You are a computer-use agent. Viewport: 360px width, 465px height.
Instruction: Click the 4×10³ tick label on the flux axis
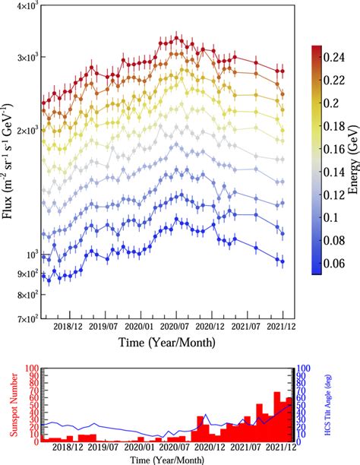[27, 6]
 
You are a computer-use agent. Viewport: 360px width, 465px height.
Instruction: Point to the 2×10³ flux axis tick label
[27, 131]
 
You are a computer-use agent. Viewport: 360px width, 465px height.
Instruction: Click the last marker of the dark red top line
[283, 71]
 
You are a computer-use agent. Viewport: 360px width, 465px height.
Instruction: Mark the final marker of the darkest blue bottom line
[283, 261]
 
